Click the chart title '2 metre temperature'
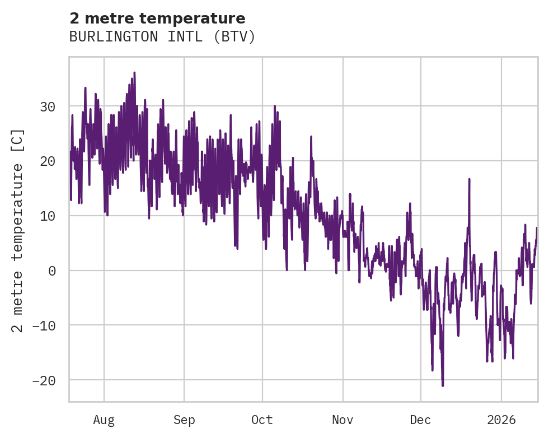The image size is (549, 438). coord(157,18)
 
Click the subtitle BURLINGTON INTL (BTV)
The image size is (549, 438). coord(162,37)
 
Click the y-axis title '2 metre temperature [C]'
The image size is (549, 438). coord(18,230)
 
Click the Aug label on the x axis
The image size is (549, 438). coord(104,420)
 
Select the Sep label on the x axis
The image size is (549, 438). coord(184,420)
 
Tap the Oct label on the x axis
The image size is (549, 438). coord(262,420)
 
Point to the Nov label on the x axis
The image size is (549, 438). coord(342,420)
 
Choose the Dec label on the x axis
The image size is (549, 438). coord(420,420)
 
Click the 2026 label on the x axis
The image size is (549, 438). coord(501,420)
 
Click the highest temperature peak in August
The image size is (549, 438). coord(134,73)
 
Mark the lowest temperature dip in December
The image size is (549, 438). coord(443,385)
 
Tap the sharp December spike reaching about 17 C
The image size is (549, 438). coord(469,179)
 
